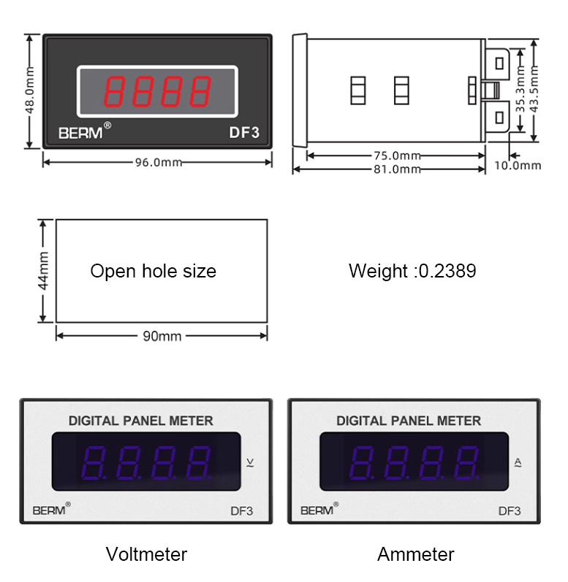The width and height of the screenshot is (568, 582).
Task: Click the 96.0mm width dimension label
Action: pyautogui.click(x=157, y=162)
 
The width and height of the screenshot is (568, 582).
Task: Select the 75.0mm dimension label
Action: pyautogui.click(x=396, y=156)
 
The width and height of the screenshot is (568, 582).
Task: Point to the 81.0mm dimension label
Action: pyautogui.click(x=396, y=169)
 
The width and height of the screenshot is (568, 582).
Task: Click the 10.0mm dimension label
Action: pyautogui.click(x=518, y=165)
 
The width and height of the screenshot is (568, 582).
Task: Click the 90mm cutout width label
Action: pyautogui.click(x=161, y=336)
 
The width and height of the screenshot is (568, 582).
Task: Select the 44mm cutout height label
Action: pyautogui.click(x=43, y=270)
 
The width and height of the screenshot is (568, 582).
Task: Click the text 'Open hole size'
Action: pyautogui.click(x=153, y=272)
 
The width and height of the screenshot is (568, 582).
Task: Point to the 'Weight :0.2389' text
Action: pyautogui.click(x=412, y=272)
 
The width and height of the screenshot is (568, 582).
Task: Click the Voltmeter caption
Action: pyautogui.click(x=146, y=554)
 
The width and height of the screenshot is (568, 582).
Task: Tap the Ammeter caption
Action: pyautogui.click(x=415, y=554)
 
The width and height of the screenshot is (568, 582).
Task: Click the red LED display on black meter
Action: pyautogui.click(x=158, y=91)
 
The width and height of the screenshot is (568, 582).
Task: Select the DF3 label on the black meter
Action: pyautogui.click(x=244, y=133)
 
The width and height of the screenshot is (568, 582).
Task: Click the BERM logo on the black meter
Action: pyautogui.click(x=83, y=133)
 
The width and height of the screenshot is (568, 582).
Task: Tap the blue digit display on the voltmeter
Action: pyautogui.click(x=147, y=462)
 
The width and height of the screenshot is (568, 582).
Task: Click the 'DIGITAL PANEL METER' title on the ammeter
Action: pyautogui.click(x=409, y=421)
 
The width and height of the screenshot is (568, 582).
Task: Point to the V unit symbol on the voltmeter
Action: pyautogui.click(x=251, y=462)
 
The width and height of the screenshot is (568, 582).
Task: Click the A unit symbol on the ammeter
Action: pyautogui.click(x=518, y=462)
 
